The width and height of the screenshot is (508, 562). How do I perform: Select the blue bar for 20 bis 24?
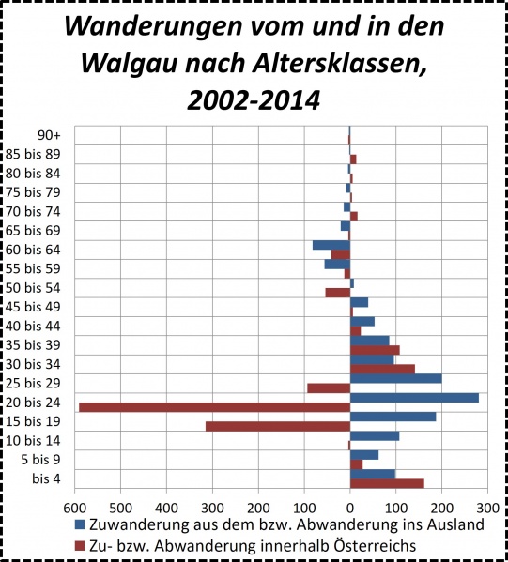(x=414, y=398)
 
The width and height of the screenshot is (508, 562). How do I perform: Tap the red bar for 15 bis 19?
(x=277, y=426)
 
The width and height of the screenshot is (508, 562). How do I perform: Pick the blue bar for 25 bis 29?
(x=395, y=378)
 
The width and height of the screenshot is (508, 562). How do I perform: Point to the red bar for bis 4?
(x=387, y=483)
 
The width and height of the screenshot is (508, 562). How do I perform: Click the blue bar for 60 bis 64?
(x=331, y=245)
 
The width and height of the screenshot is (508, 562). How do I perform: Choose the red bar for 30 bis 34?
(x=382, y=369)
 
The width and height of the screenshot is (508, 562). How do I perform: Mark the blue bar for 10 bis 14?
(x=375, y=435)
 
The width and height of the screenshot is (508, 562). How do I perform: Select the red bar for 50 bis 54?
(x=337, y=293)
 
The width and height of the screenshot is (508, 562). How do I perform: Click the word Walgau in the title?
(x=132, y=63)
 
